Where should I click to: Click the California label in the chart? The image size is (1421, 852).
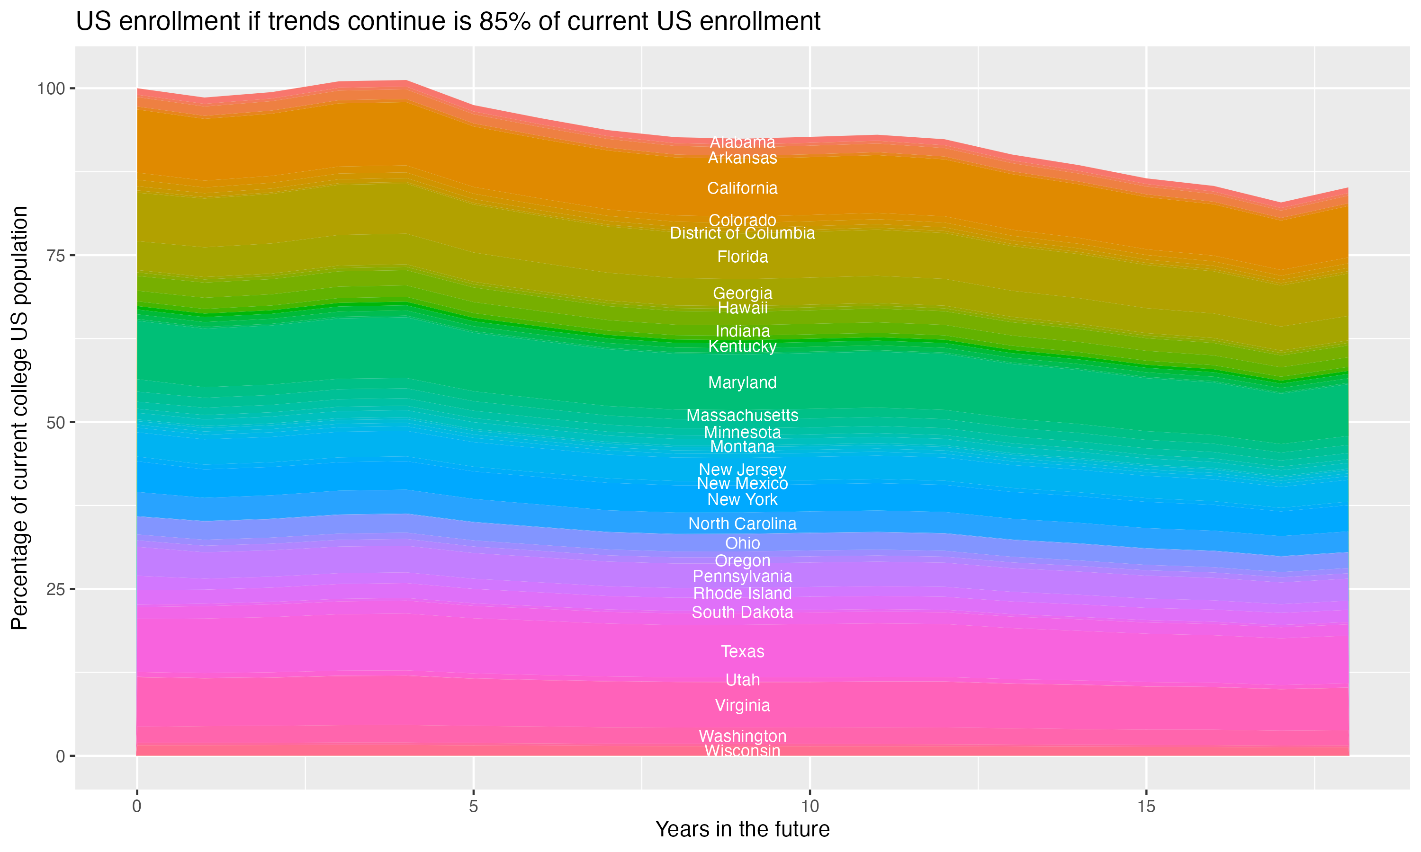point(742,188)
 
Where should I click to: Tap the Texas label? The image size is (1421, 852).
point(742,652)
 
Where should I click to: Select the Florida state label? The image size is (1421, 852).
point(742,257)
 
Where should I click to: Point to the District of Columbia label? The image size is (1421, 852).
point(742,233)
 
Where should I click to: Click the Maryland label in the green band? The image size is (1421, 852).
point(742,382)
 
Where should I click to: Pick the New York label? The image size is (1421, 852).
point(742,499)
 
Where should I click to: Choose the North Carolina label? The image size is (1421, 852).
point(742,524)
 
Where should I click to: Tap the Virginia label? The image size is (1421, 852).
point(742,706)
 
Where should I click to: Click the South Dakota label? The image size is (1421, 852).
point(742,612)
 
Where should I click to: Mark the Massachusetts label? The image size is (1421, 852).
point(742,415)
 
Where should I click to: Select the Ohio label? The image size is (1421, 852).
point(742,543)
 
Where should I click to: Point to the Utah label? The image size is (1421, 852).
point(742,680)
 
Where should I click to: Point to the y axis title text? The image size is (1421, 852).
point(19,417)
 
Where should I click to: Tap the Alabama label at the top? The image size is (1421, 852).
point(742,142)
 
